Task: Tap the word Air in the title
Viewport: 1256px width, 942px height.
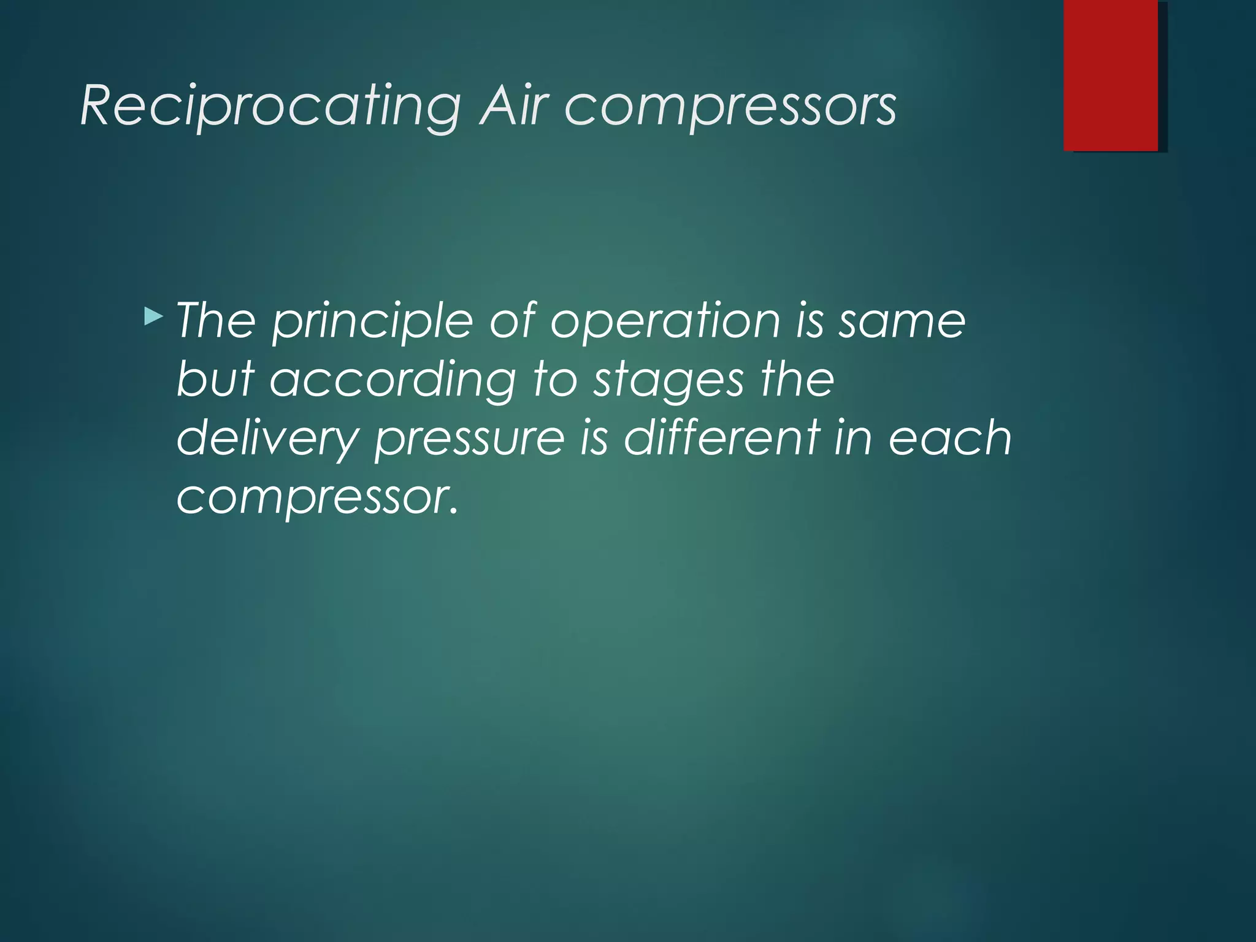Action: tap(513, 105)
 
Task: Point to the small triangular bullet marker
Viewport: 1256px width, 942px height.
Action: tap(154, 317)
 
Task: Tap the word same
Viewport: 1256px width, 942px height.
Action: tap(902, 321)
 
